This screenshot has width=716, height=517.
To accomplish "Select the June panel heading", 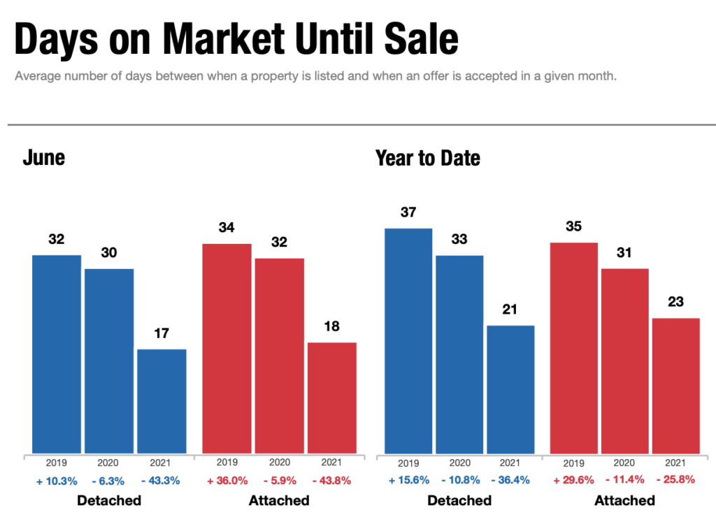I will [43, 157].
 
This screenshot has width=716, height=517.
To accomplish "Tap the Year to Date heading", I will [428, 158].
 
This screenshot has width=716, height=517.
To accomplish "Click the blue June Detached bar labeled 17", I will [162, 401].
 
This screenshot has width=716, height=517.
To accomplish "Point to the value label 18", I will [332, 327].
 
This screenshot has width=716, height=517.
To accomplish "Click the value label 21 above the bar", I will [510, 310].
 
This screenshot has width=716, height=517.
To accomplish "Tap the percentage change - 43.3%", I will [162, 481].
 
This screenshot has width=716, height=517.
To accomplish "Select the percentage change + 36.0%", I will [227, 481].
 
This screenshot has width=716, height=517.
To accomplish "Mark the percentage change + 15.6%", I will [408, 481].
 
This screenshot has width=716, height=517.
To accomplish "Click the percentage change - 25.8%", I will [675, 481].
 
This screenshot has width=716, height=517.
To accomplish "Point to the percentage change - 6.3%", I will [109, 481].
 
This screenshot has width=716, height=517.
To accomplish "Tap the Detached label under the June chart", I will [109, 500].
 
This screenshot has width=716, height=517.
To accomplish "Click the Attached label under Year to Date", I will [624, 500].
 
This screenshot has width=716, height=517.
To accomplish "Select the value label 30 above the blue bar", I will [109, 253].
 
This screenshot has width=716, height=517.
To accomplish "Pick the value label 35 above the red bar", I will [573, 227].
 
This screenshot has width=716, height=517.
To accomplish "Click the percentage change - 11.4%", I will [624, 481].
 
